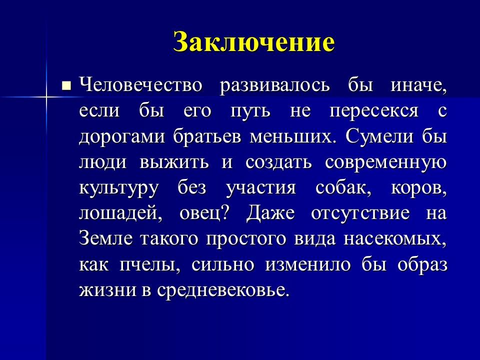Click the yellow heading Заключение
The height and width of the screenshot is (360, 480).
(x=253, y=42)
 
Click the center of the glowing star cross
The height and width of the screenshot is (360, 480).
(x=46, y=94)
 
